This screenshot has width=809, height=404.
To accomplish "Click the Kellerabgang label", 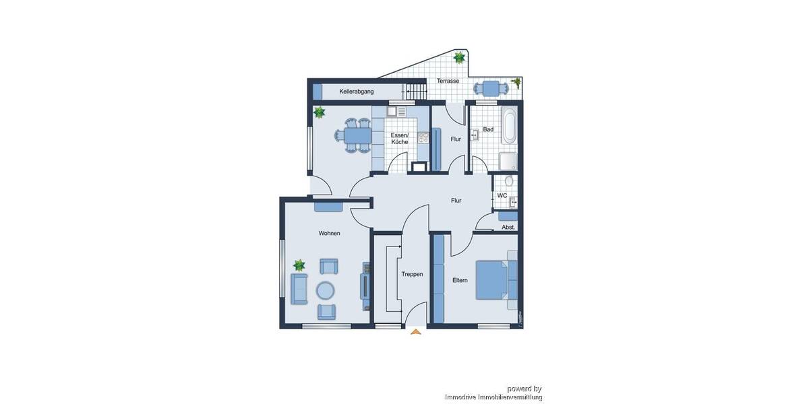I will (357, 91).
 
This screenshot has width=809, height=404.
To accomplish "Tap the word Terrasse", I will (448, 81).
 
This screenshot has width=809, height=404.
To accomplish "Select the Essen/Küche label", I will (399, 138).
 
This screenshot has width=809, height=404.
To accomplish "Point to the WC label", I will (502, 195).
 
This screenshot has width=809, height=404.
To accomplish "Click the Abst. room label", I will (508, 228).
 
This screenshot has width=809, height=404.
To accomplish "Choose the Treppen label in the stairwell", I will (412, 275).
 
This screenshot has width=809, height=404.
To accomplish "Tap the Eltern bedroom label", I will (460, 280).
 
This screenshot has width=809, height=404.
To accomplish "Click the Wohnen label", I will (330, 233).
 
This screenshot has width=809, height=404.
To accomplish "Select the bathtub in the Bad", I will (510, 127).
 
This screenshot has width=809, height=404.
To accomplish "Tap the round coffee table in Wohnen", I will (326, 290).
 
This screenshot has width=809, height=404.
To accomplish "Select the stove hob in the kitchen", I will (423, 137).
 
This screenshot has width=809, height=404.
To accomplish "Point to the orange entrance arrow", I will (415, 331).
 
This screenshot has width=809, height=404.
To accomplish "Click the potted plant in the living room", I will (299, 265).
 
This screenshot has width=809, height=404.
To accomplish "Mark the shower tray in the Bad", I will (508, 162).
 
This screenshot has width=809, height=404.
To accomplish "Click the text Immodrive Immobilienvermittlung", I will (493, 397).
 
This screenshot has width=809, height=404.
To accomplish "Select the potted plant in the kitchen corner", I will (320, 112).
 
